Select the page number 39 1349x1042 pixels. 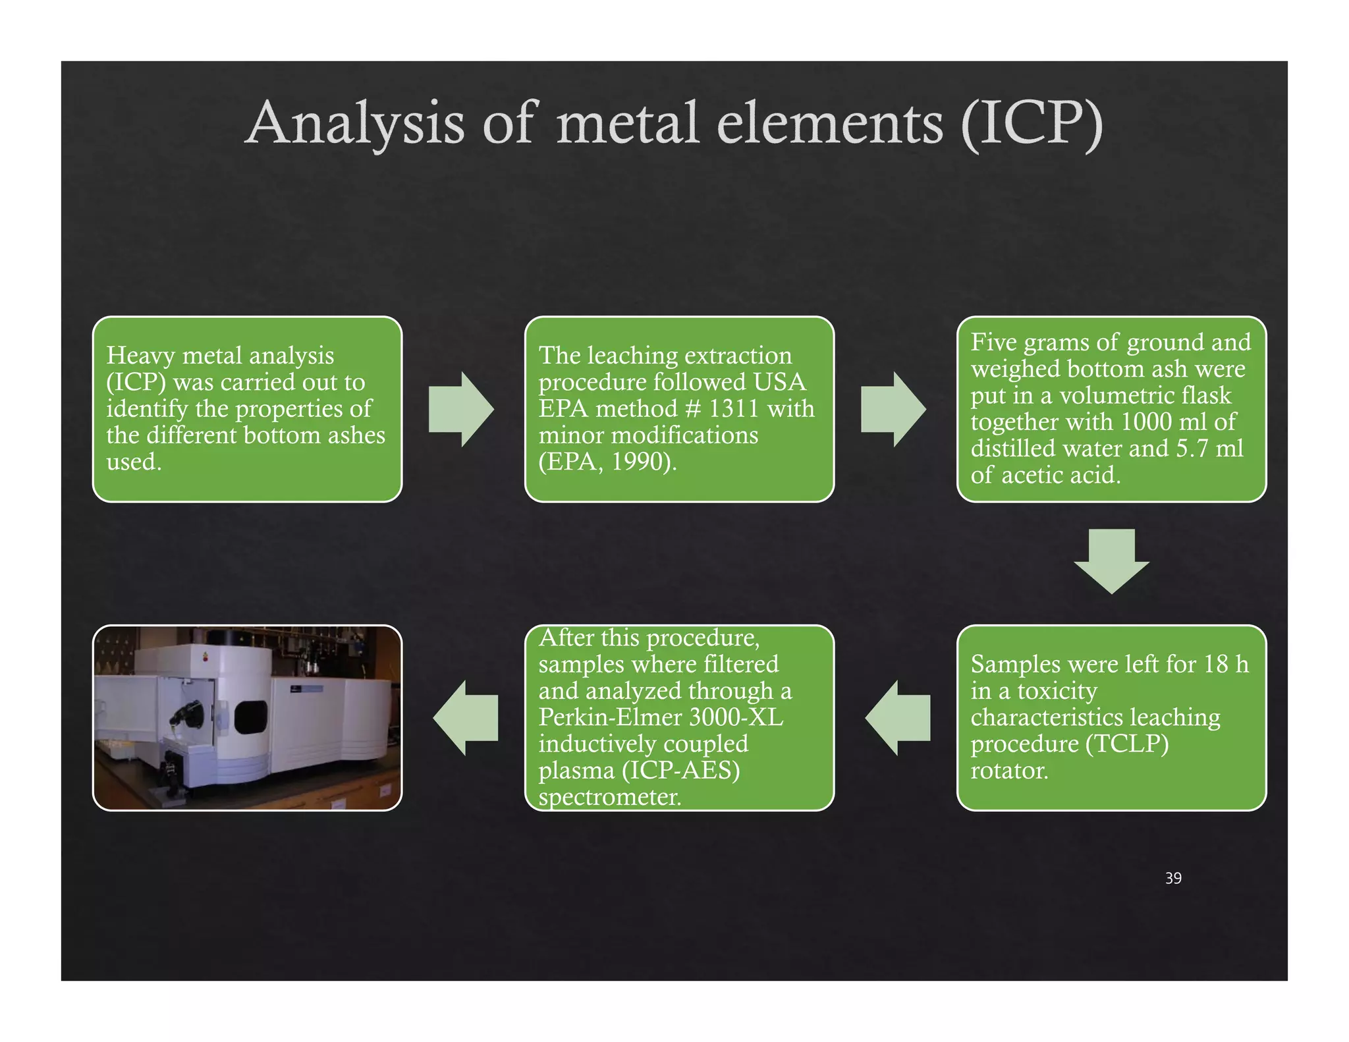click(1173, 878)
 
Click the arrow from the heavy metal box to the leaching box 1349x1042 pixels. click(461, 409)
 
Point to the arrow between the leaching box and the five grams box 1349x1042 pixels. click(893, 409)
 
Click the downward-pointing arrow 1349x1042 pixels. click(1111, 561)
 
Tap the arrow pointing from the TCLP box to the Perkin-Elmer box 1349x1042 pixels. click(898, 717)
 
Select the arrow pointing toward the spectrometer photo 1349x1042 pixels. click(466, 717)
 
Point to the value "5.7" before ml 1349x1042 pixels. click(1192, 449)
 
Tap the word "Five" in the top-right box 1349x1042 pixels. click(994, 343)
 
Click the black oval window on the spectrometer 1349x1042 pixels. click(251, 717)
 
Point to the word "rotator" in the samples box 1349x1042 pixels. click(1008, 770)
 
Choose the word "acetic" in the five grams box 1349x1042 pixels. click(1039, 475)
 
